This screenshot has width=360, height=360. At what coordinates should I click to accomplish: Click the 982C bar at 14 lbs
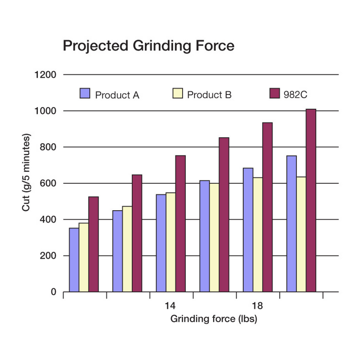pos(180,223)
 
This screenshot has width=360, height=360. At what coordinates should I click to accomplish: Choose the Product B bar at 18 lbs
pos(258,234)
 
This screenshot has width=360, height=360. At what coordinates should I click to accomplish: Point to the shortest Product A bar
pos(74,260)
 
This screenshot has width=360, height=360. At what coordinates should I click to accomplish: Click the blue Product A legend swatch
pos(85,93)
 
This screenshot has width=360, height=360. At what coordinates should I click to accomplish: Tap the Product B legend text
pos(209,95)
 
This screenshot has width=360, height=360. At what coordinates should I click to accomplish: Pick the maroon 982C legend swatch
pos(275,93)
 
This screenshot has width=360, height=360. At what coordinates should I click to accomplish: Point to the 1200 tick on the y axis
pos(46,75)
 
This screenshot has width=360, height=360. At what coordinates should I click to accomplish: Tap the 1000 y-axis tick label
pos(46,111)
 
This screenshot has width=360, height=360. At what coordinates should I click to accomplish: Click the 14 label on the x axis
pos(170,306)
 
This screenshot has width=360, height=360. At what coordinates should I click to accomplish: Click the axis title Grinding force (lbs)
pos(213,319)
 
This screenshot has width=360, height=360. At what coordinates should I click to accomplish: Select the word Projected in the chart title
pos(95,46)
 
